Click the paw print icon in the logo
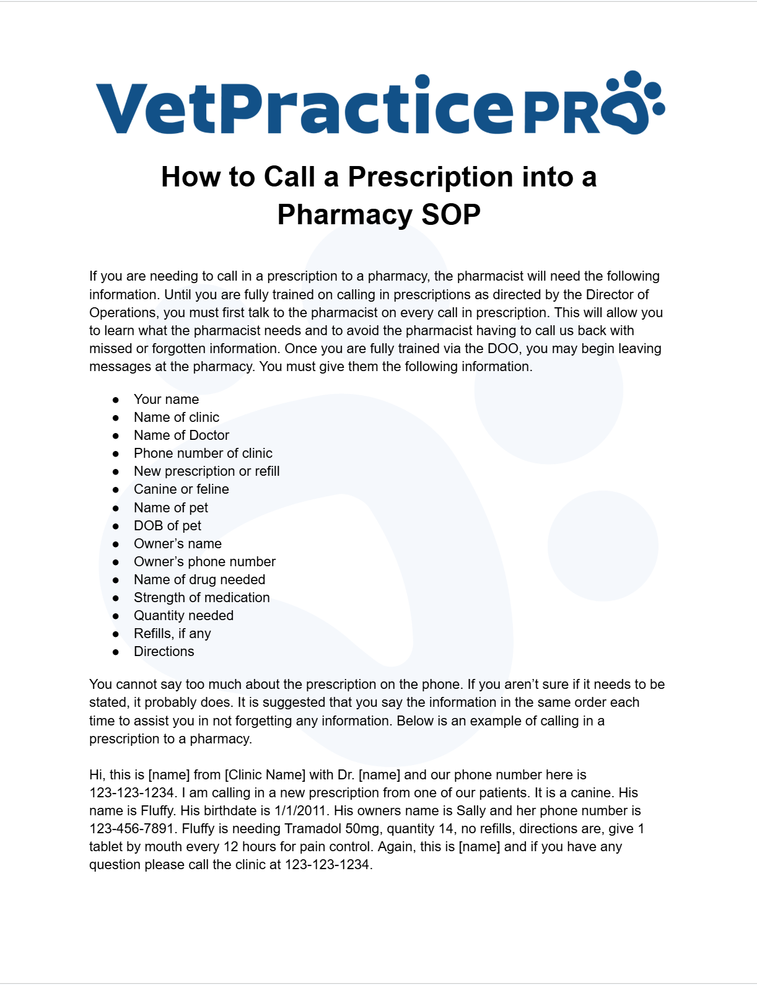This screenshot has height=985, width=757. [634, 103]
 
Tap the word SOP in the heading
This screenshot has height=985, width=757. [451, 215]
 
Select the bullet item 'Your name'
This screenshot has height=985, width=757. [166, 400]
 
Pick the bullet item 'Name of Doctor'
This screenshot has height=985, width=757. [182, 436]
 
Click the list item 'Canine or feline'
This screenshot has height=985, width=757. [182, 489]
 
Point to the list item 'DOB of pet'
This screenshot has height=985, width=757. [167, 526]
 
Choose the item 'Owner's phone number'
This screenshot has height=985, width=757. [204, 562]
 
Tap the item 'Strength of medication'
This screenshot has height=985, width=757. [201, 598]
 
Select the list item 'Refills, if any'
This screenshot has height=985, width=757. [172, 634]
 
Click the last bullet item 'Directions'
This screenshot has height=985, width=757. [164, 652]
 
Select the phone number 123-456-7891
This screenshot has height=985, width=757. [131, 829]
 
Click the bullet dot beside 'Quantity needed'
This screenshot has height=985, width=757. [116, 616]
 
